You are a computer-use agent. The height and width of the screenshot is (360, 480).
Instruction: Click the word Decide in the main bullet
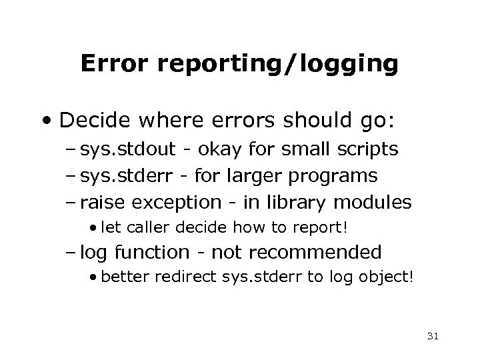(93, 122)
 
